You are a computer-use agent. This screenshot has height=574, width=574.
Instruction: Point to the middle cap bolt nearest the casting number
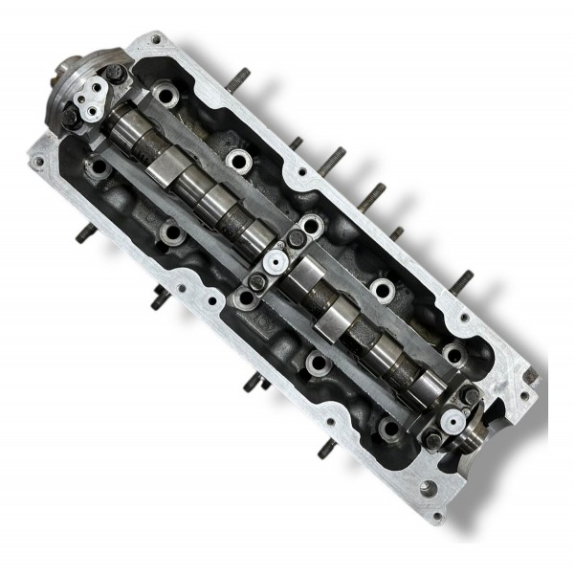(x=255, y=281)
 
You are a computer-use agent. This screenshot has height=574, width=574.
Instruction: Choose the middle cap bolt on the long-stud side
(x=298, y=235)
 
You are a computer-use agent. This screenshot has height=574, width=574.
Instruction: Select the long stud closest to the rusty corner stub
(x=462, y=280)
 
